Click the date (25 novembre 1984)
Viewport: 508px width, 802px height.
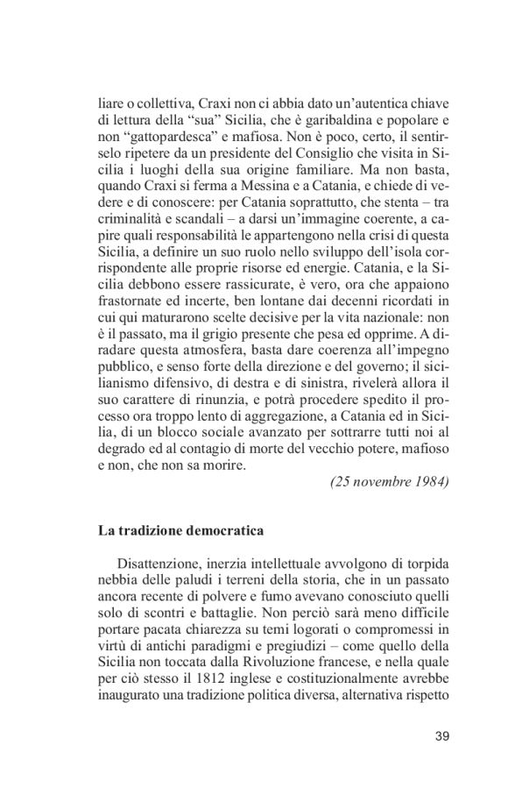(388, 483)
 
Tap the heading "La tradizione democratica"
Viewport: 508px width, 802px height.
(180, 531)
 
